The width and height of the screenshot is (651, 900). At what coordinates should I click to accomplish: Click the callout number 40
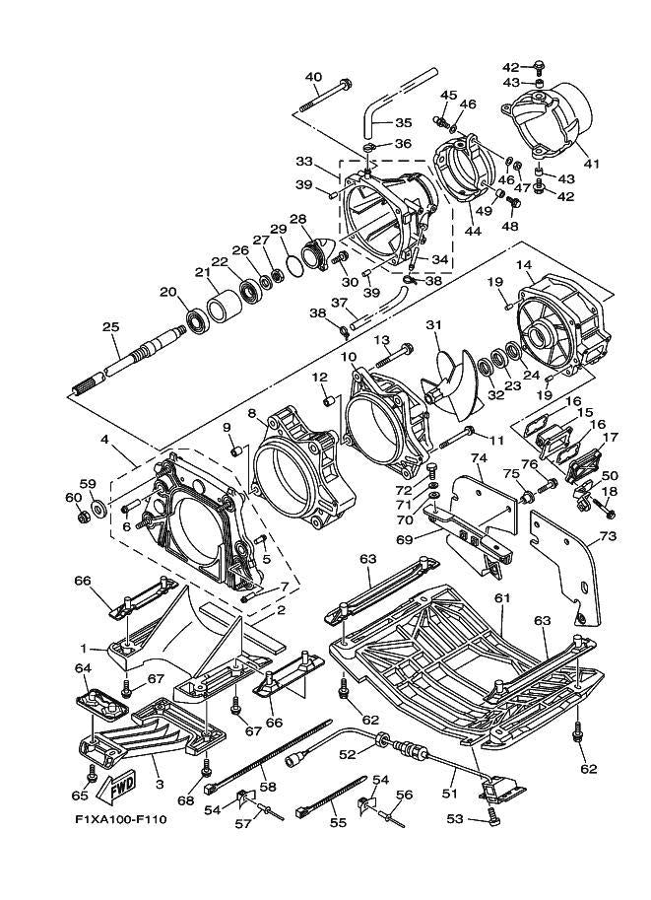point(313,77)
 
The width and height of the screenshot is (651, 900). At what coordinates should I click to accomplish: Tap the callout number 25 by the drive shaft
point(110,327)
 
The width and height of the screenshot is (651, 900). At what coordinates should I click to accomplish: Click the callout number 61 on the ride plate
point(501,598)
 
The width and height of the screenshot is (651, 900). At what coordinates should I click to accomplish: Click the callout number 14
point(522,265)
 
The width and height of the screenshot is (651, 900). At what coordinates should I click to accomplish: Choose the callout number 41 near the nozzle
point(590,164)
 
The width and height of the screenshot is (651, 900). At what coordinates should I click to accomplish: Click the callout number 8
point(252,414)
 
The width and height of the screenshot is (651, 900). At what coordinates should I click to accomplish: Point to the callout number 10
point(348,356)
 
